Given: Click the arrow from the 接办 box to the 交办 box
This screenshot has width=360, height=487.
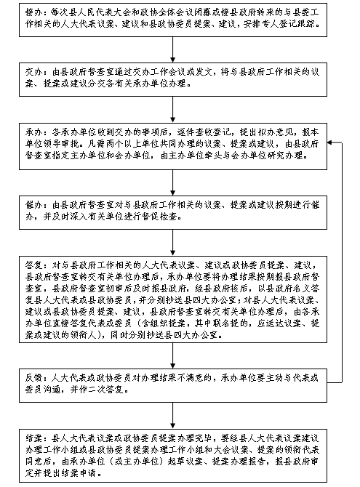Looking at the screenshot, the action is point(173,49).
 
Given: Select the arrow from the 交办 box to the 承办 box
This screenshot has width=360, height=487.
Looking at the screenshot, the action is point(173,110).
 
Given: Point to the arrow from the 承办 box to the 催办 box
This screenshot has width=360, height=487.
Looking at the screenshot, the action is point(173,182).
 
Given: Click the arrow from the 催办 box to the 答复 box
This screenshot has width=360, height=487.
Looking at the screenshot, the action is point(173,243).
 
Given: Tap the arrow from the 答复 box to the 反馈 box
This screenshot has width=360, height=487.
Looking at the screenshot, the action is point(173,356).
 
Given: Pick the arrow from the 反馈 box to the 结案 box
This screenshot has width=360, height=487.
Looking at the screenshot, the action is point(173,416).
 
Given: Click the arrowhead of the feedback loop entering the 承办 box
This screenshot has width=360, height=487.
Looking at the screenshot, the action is point(330,143).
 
